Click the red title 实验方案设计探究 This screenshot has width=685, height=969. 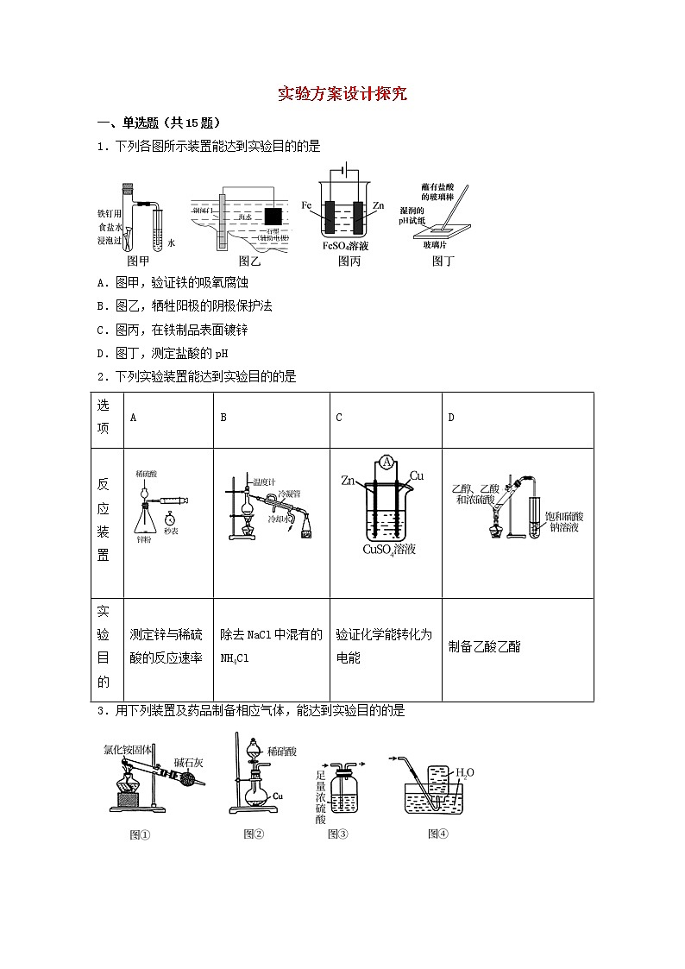(342, 94)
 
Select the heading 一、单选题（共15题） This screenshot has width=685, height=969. (157, 123)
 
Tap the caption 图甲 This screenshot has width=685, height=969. (138, 261)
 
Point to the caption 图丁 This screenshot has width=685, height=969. (443, 261)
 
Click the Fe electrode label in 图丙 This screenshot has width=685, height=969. (306, 205)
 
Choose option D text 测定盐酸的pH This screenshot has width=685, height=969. (162, 353)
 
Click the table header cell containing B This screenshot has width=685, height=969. (223, 418)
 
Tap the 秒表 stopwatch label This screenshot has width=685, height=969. (170, 532)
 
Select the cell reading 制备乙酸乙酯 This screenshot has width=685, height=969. (485, 646)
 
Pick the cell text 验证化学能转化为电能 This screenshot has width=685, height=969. (383, 645)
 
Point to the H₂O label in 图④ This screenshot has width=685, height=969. (465, 772)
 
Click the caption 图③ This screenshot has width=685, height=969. (337, 834)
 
